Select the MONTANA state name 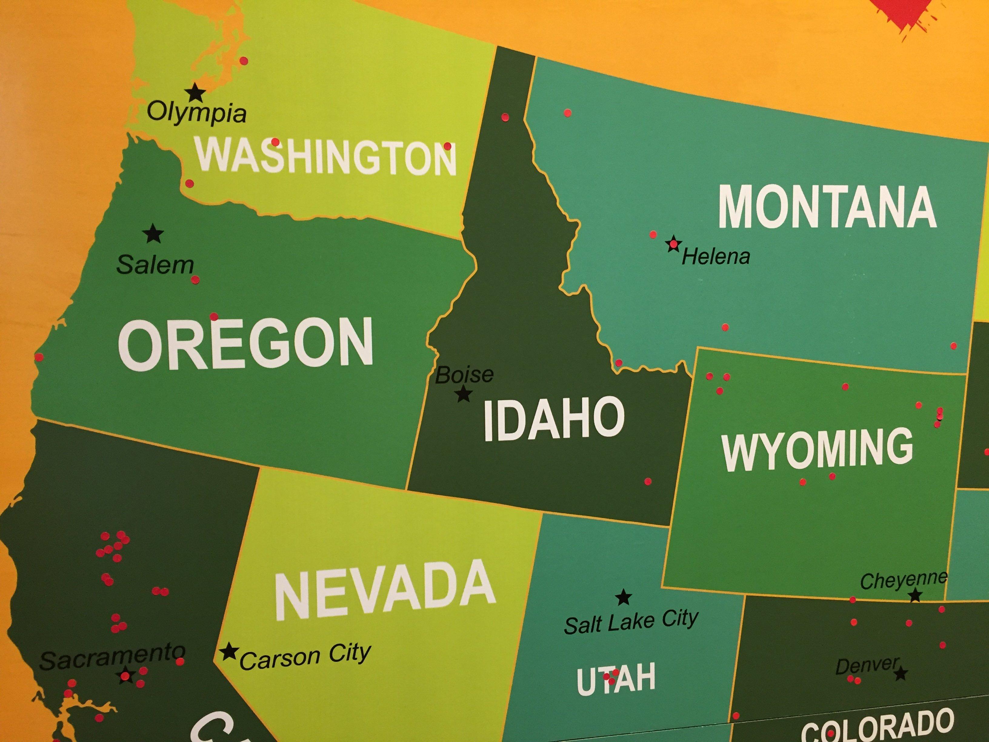(x=827, y=208)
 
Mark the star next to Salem (x=153, y=233)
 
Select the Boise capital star (x=464, y=394)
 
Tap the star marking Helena (x=673, y=244)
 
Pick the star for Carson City (x=229, y=652)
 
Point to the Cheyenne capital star (x=915, y=595)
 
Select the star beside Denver (x=901, y=673)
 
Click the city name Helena (x=715, y=257)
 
